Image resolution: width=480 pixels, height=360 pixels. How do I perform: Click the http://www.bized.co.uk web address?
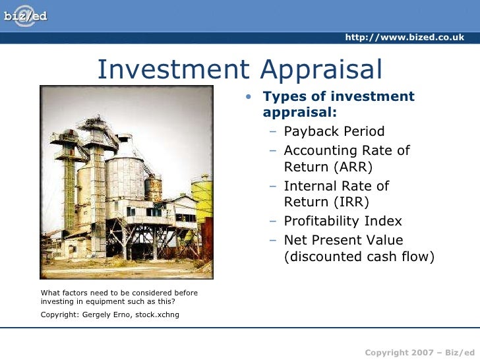[404, 37]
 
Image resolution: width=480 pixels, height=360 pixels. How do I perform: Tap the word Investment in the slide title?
[170, 69]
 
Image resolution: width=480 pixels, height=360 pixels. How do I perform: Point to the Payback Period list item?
[334, 131]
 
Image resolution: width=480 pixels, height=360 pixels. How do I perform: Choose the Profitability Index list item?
[342, 221]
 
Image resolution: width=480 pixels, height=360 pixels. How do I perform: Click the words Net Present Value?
[343, 239]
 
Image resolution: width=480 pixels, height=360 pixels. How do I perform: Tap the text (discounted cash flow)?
[359, 257]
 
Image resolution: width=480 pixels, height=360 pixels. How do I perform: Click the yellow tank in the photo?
[203, 198]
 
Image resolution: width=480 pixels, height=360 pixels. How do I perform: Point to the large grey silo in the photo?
[125, 178]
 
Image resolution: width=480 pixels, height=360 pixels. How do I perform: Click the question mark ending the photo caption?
[174, 303]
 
